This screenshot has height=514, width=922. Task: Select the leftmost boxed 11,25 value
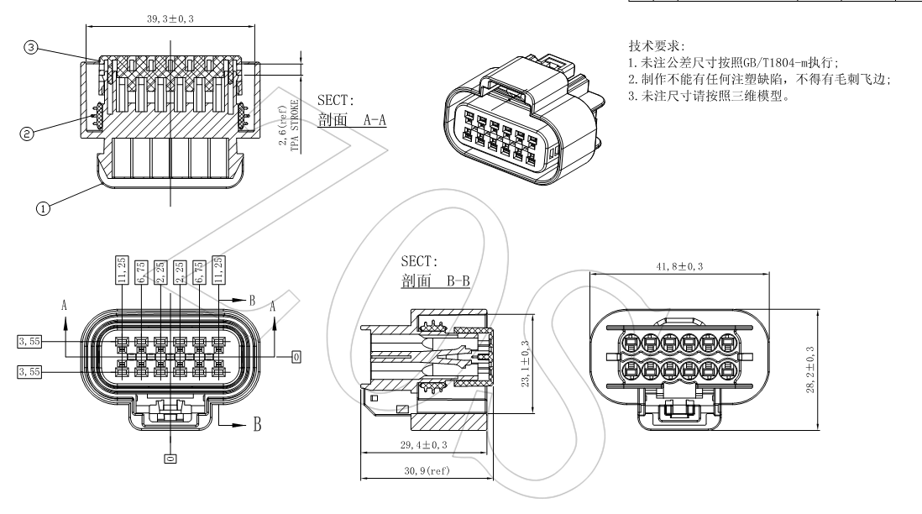[122, 270]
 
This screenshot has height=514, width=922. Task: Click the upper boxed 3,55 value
[29, 341]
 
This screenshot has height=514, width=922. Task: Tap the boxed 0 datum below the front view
[170, 459]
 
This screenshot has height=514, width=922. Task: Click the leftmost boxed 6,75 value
[141, 270]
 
